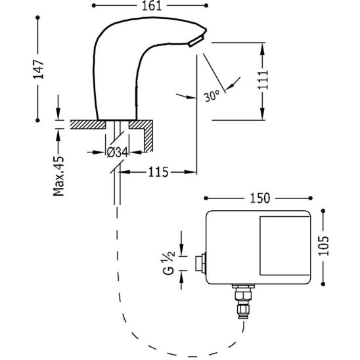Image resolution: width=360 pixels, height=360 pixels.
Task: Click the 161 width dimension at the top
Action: (x=152, y=6)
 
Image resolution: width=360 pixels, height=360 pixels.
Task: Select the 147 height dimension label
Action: (x=39, y=70)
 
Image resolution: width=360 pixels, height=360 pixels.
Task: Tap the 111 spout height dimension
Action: (x=263, y=80)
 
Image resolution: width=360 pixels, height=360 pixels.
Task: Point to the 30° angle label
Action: (x=212, y=96)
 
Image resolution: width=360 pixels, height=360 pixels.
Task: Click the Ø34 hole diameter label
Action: (x=118, y=152)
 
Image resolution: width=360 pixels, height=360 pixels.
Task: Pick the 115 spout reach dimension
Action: (x=158, y=172)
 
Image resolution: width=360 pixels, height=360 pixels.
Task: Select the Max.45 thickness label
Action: (x=58, y=176)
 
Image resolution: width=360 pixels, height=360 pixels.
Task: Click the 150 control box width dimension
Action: (x=260, y=198)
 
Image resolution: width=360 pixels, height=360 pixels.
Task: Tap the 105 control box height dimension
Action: (x=323, y=246)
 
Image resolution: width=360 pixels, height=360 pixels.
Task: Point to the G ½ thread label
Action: (x=169, y=263)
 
